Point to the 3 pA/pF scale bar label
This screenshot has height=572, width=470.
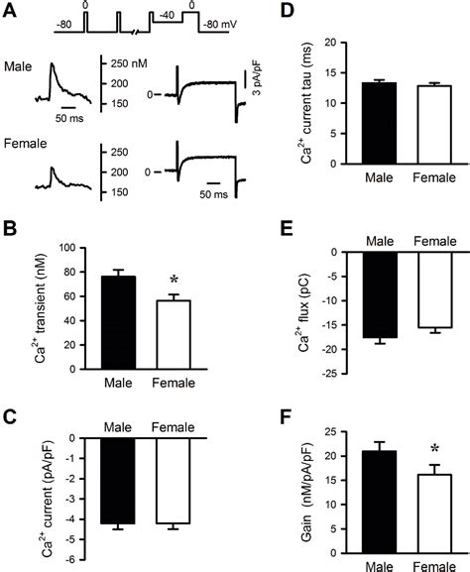[x=261, y=84]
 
